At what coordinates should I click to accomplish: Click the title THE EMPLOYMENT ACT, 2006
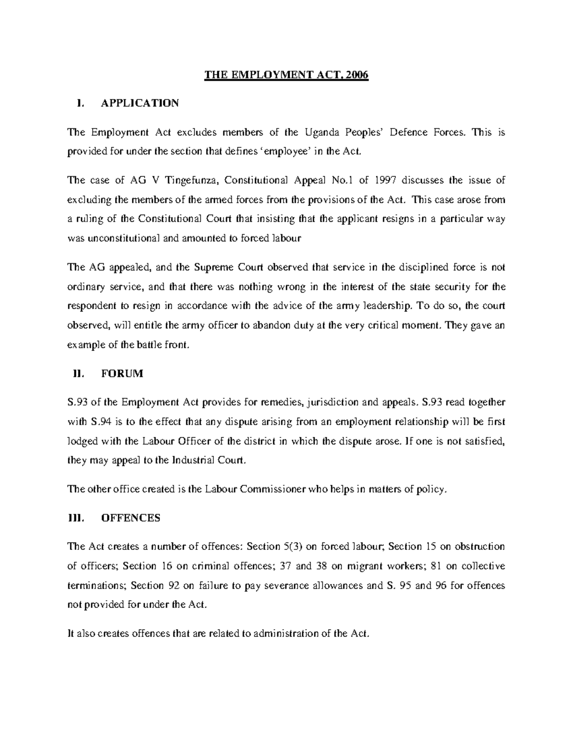[286, 75]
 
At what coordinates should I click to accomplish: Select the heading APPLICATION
[140, 103]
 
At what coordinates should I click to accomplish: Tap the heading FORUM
[122, 374]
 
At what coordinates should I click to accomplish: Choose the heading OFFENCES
[131, 518]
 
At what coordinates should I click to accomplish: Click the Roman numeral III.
[76, 518]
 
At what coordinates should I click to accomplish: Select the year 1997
[384, 180]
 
